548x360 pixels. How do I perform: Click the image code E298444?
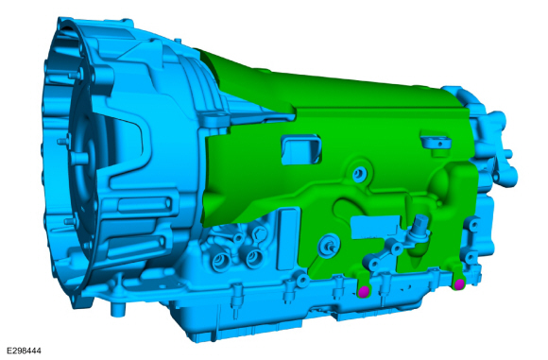tap(24, 351)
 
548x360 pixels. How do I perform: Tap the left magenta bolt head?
tap(364, 291)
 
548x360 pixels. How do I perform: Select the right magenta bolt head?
tap(459, 284)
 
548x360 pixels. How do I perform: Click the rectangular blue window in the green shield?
tap(301, 149)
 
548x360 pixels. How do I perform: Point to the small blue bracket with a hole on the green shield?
tap(436, 144)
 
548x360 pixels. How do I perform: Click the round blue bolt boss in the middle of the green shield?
tap(359, 173)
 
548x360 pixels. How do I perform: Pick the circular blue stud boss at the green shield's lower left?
tap(329, 245)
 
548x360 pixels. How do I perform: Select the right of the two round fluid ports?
tap(255, 258)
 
